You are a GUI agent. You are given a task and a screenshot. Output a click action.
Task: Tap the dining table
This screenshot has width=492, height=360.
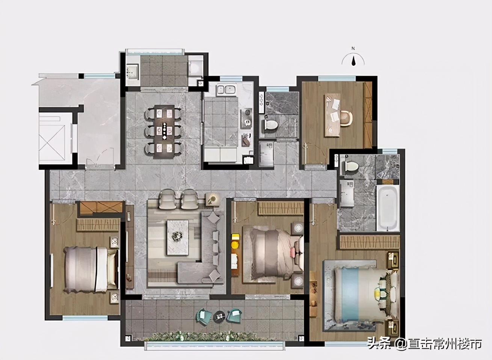coord(164,132)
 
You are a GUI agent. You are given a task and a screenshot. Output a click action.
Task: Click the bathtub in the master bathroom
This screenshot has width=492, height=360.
coord(388,208)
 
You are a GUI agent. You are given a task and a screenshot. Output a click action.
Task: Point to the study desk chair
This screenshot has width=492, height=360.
coord(347,119)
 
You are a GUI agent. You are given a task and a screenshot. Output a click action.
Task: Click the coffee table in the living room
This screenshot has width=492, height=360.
coord(178,237)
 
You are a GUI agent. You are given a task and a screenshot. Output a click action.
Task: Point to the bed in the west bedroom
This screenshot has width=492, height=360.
coord(91,269)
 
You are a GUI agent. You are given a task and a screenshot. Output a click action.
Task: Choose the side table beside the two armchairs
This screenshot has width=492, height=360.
coord(212,199)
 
